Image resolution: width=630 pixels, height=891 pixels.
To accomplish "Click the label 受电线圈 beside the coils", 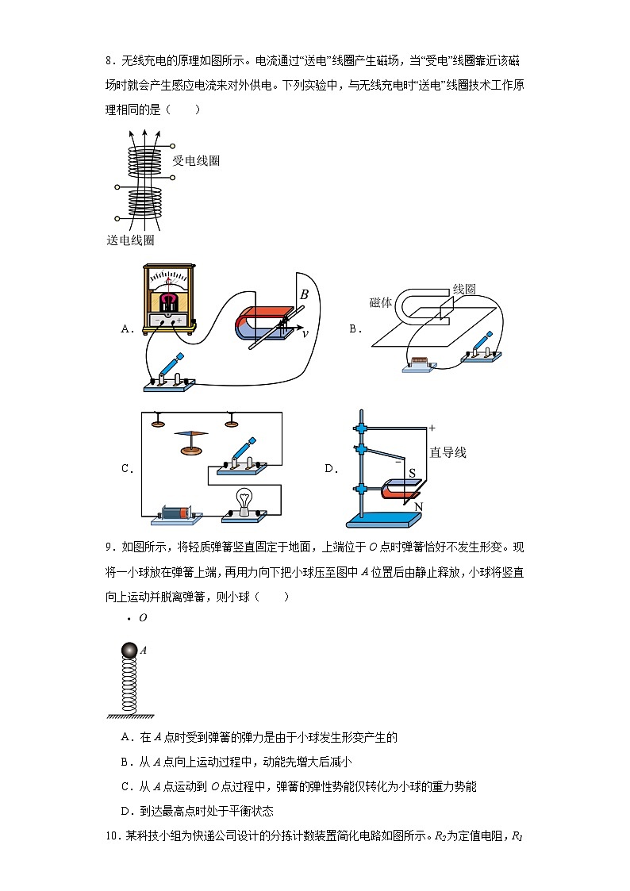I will (196, 161).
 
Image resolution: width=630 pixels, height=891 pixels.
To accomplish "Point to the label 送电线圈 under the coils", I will (130, 240).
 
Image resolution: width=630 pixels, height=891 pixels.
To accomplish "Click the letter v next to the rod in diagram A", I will (304, 334).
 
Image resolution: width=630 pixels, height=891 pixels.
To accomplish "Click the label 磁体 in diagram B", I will (381, 302).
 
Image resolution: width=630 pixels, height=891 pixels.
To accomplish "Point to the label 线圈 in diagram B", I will (463, 290).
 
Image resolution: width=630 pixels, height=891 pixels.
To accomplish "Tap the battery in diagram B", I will (419, 365).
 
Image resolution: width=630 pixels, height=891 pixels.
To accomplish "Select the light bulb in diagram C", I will (243, 502).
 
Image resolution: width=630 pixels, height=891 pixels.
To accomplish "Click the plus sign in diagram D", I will (432, 428).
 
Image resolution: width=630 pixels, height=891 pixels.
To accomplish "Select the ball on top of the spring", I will (129, 651).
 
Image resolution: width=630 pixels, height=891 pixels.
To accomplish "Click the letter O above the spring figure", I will (143, 617).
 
